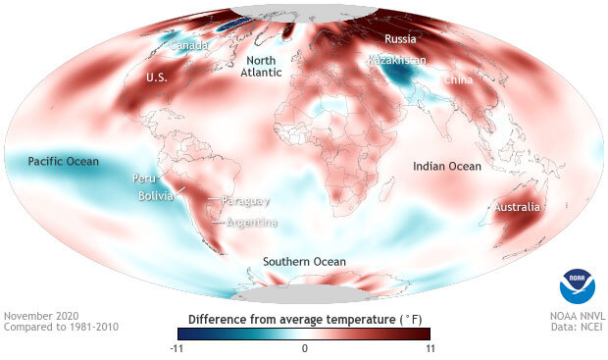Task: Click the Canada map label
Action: tap(187, 46)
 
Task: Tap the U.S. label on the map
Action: tap(158, 77)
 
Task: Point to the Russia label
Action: tap(400, 40)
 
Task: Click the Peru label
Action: tap(145, 180)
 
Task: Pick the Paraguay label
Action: tap(246, 201)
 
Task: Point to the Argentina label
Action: tap(251, 223)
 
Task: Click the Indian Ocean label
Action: tap(447, 167)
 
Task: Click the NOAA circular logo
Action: tap(578, 285)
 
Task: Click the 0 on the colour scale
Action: tap(304, 348)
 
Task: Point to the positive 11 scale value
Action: tap(428, 348)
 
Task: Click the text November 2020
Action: tap(42, 316)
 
